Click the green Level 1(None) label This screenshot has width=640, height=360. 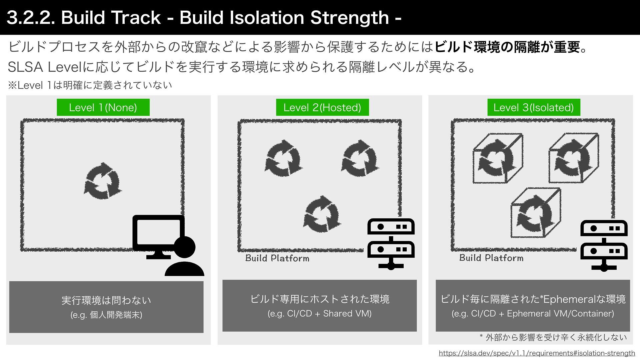pyautogui.click(x=103, y=107)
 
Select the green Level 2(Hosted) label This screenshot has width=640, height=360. pyautogui.click(x=322, y=107)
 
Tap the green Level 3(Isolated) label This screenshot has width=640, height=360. pyautogui.click(x=533, y=107)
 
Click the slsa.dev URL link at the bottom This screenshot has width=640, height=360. pyautogui.click(x=537, y=353)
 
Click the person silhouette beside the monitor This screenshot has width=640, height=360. pyautogui.click(x=184, y=258)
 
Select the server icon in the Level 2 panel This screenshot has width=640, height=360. pyautogui.click(x=391, y=243)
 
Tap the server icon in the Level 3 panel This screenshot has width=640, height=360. pyautogui.click(x=604, y=245)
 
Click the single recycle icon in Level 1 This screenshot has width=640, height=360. pyautogui.click(x=102, y=181)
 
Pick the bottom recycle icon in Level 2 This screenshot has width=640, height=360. pyautogui.click(x=322, y=214)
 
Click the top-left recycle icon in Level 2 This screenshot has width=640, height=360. pyautogui.click(x=283, y=158)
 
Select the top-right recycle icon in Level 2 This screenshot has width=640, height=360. pyautogui.click(x=360, y=158)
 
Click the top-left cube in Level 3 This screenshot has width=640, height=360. pyautogui.click(x=497, y=158)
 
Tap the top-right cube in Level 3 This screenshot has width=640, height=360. pyautogui.click(x=573, y=158)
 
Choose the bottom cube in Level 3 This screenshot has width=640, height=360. pyautogui.click(x=536, y=213)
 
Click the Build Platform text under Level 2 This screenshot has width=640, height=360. pyautogui.click(x=277, y=258)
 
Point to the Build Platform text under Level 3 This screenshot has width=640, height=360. pyautogui.click(x=491, y=258)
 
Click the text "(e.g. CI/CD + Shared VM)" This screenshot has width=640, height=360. pyautogui.click(x=319, y=314)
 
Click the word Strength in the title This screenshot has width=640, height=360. pyautogui.click(x=349, y=18)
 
